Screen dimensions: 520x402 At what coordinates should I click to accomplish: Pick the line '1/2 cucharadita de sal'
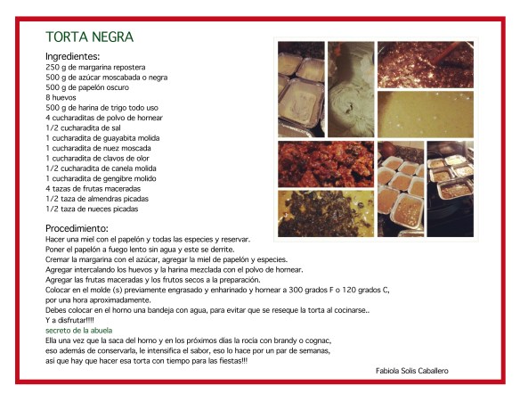coord(84,127)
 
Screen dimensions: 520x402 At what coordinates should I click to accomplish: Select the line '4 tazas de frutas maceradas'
coord(94,188)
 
